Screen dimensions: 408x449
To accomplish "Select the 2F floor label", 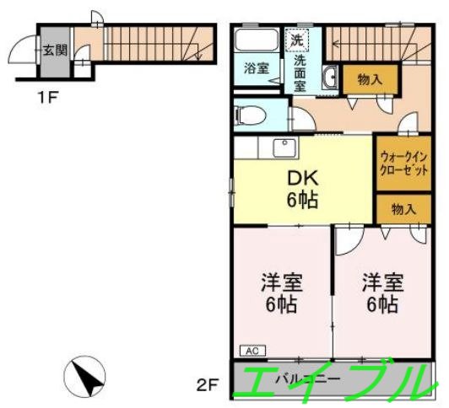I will [208, 386].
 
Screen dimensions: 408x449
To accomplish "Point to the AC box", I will [252, 349].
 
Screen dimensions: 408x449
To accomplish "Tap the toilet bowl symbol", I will [252, 114].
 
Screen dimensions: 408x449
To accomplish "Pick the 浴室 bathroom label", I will [257, 68].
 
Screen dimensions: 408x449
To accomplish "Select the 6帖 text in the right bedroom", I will [381, 304].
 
